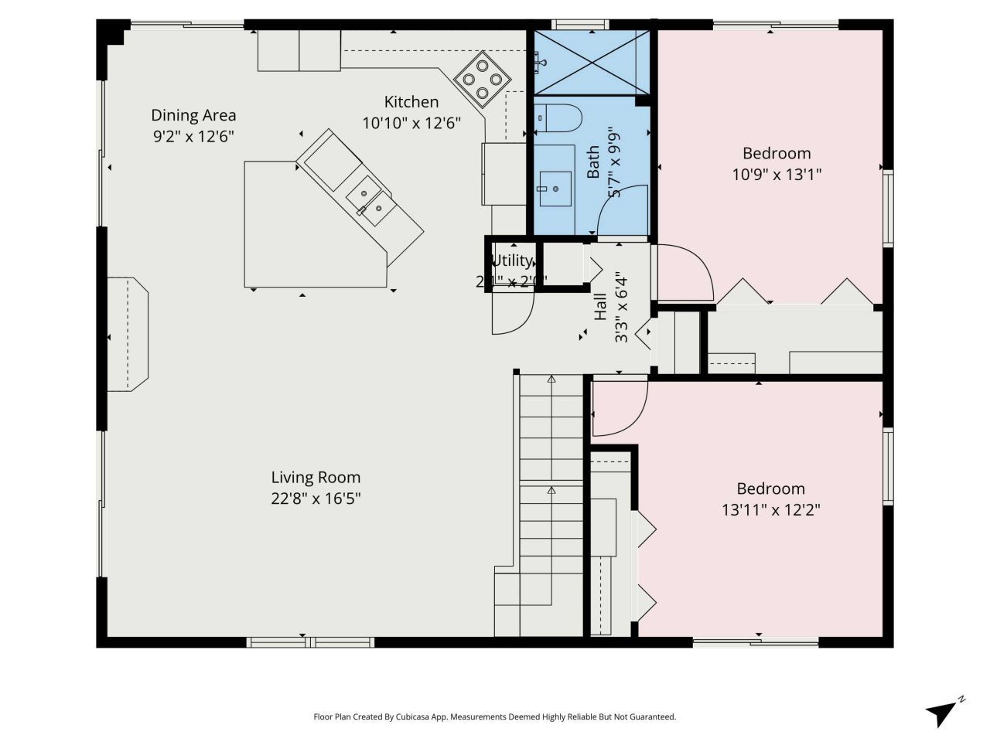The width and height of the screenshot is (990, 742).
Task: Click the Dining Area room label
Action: [193, 115]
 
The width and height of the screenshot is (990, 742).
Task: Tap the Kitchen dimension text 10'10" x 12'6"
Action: [411, 122]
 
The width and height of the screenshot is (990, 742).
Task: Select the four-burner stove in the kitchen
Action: [482, 80]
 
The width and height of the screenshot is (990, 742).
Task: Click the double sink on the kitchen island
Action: [370, 199]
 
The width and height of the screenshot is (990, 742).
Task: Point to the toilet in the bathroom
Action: [557, 117]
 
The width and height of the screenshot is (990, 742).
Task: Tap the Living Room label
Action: [316, 478]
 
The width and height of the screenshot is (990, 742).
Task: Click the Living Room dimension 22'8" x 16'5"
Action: [316, 499]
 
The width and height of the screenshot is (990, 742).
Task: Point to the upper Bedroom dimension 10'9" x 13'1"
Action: [777, 175]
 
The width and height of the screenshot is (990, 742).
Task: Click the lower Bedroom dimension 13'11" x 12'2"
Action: [770, 510]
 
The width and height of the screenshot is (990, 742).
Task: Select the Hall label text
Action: [601, 307]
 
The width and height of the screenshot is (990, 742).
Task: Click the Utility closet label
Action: [512, 260]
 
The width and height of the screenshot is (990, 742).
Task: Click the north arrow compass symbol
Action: [944, 711]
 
